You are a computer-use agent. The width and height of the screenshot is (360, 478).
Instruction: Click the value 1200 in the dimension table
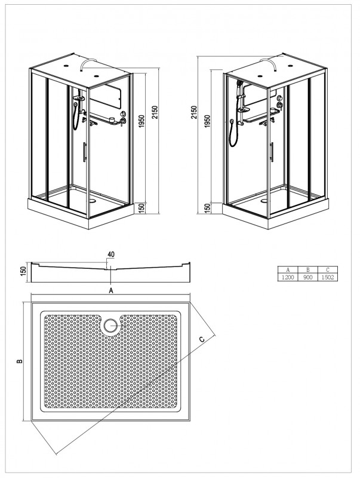[288, 278]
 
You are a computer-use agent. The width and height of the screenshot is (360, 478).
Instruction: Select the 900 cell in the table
[307, 278]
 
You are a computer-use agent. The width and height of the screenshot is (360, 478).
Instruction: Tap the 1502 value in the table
[327, 278]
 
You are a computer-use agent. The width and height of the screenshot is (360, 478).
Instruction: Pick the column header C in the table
[327, 270]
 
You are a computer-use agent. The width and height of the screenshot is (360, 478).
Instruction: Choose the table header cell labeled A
[288, 270]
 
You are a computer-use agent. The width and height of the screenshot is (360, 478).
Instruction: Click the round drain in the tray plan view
[110, 326]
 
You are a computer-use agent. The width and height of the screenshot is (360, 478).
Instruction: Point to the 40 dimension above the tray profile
[110, 254]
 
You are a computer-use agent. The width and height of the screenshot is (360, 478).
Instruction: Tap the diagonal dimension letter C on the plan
[202, 339]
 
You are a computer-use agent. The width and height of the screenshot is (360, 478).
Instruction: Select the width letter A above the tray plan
[110, 290]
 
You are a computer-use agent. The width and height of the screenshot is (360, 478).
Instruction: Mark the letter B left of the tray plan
[20, 361]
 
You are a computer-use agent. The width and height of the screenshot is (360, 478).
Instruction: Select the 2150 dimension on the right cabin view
[193, 115]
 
